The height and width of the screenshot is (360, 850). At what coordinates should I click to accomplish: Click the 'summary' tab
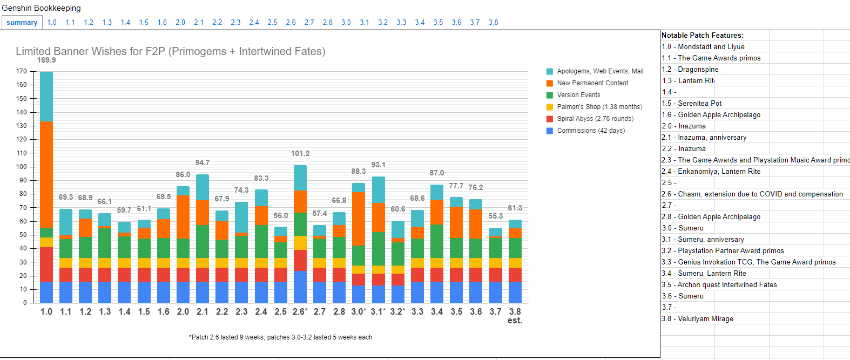click(x=22, y=23)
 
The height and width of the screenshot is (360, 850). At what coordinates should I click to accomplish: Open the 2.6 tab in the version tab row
click(x=291, y=23)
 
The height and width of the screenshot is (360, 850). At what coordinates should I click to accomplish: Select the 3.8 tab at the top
click(x=493, y=23)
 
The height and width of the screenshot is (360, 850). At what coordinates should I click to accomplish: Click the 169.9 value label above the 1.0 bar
click(x=46, y=60)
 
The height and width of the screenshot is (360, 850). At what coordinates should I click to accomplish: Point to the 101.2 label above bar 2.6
click(x=300, y=154)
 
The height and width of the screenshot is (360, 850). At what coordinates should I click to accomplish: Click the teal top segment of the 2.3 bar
click(x=241, y=218)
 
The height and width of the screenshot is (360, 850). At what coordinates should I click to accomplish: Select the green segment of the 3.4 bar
click(x=437, y=241)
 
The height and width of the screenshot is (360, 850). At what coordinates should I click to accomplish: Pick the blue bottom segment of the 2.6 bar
click(x=300, y=287)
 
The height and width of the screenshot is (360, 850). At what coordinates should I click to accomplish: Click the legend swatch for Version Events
click(x=550, y=95)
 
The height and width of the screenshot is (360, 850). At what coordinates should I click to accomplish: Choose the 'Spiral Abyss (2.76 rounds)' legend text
click(x=595, y=119)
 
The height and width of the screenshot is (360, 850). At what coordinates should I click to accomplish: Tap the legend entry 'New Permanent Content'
click(x=592, y=83)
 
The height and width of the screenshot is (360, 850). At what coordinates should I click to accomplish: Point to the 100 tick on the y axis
click(x=22, y=167)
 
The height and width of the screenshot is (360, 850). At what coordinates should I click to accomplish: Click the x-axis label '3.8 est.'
click(x=515, y=316)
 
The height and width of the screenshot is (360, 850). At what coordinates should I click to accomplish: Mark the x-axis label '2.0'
click(x=183, y=312)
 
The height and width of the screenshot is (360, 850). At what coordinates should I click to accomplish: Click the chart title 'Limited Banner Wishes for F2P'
click(x=170, y=52)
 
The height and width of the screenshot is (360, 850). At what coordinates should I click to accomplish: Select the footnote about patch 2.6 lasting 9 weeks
click(x=280, y=337)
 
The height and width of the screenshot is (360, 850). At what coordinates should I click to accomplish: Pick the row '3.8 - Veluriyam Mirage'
click(x=698, y=319)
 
